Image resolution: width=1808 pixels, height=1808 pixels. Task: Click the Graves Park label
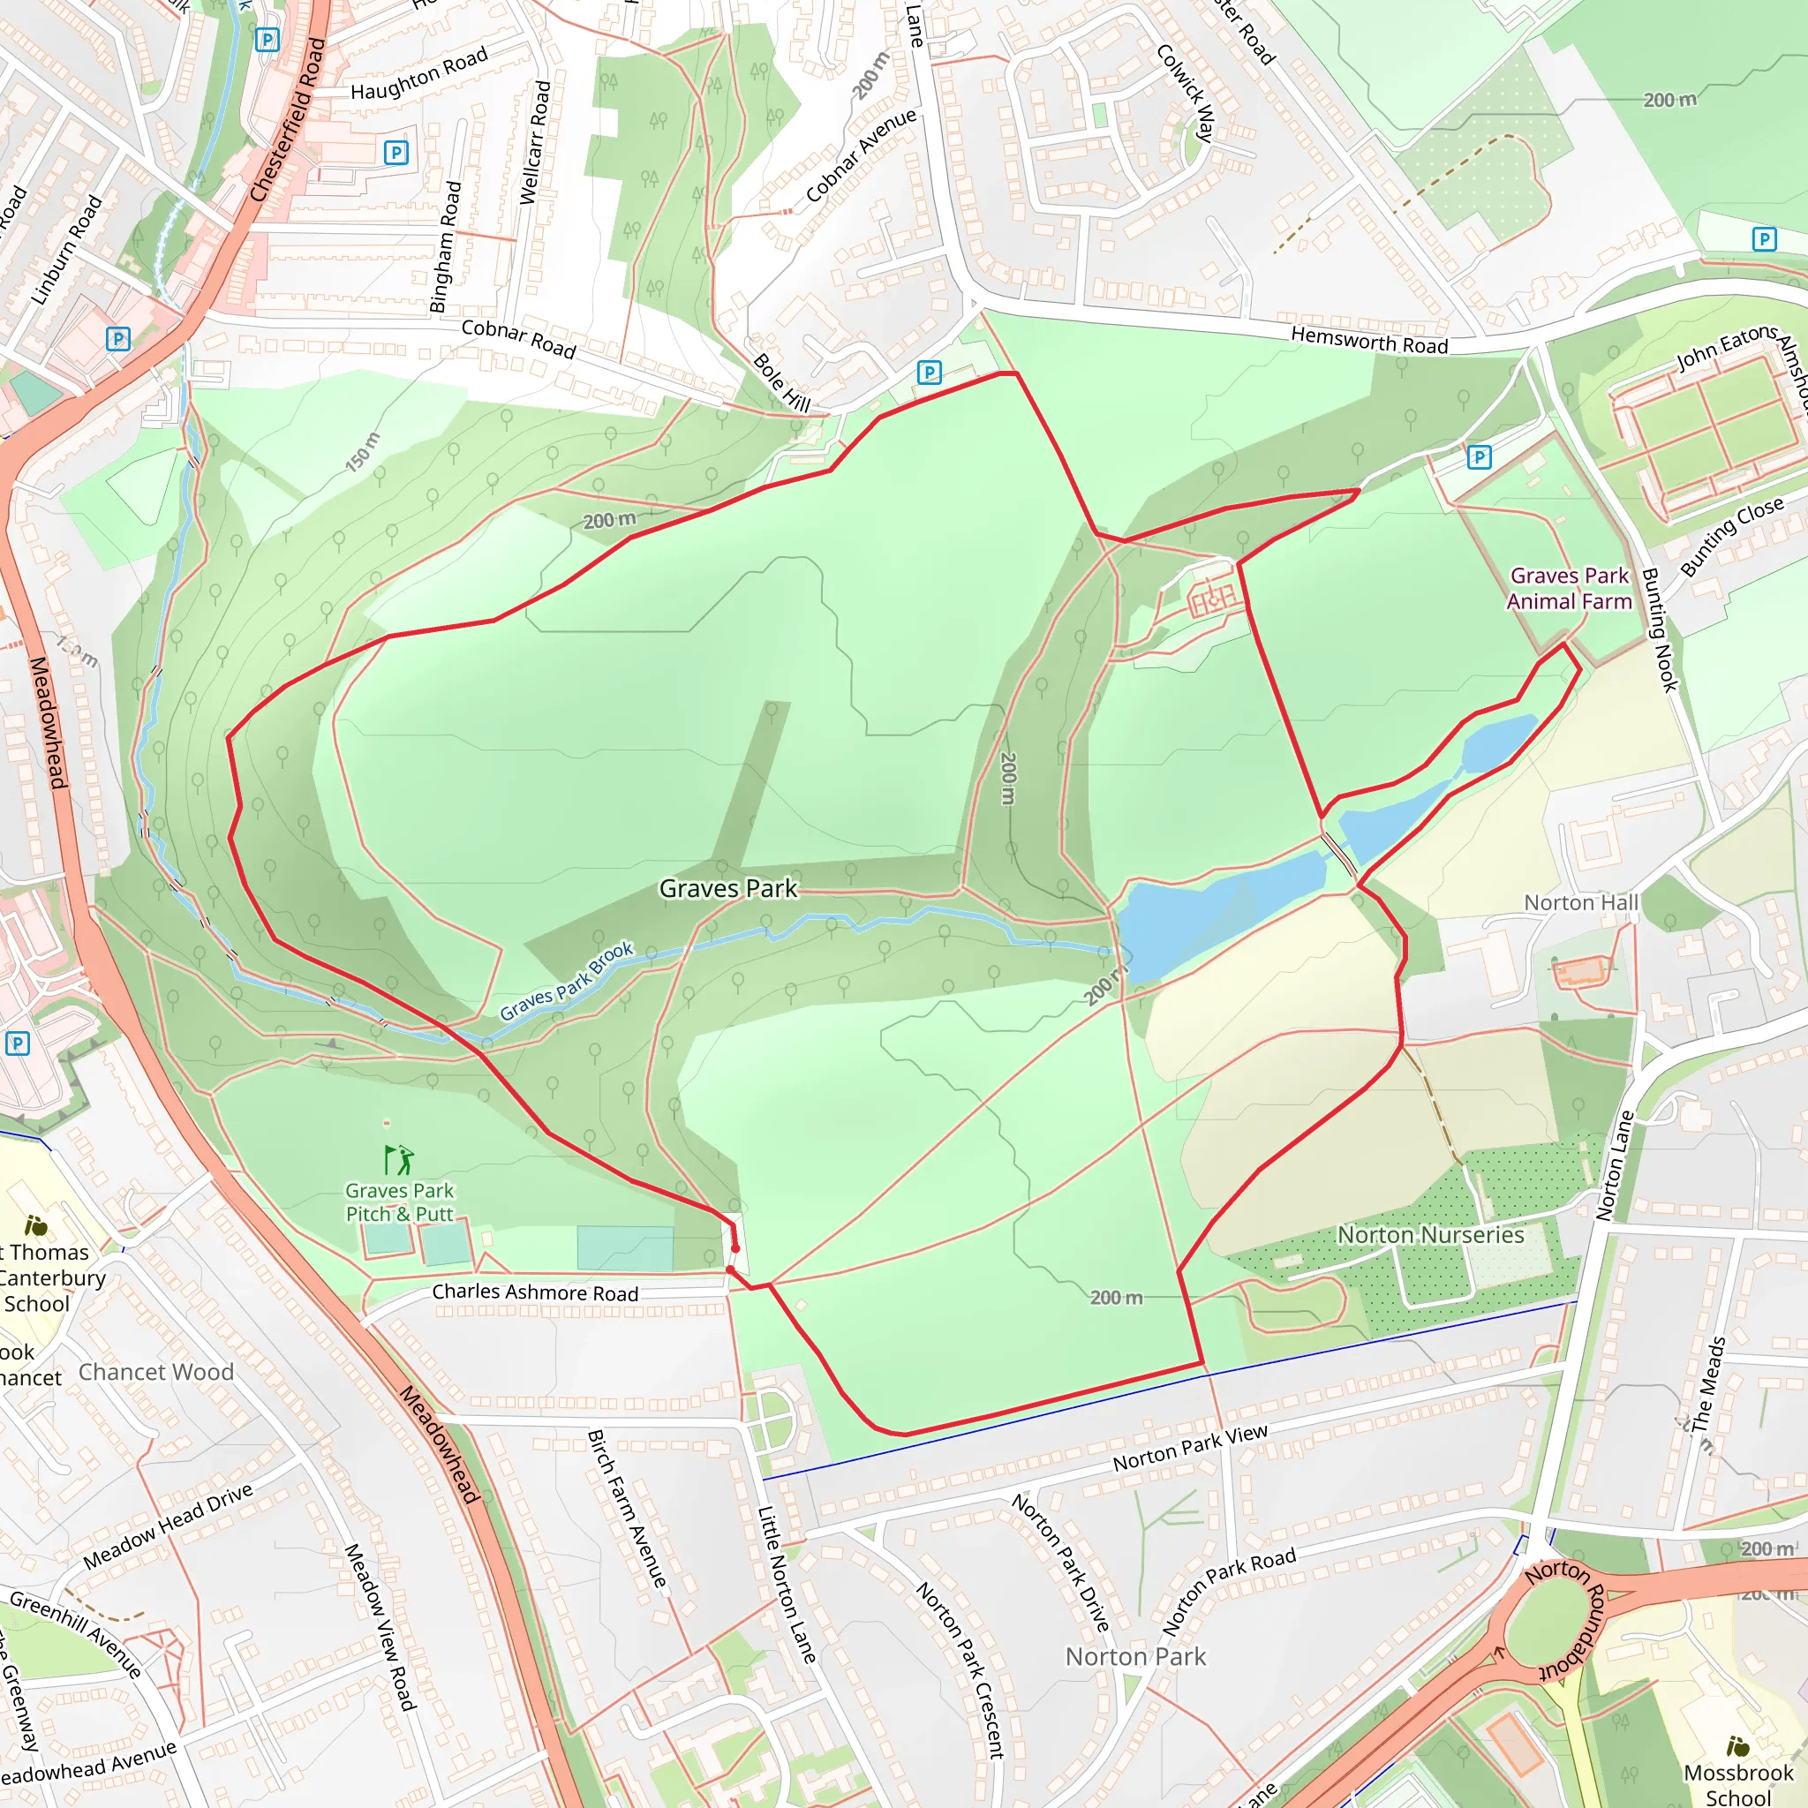tap(728, 888)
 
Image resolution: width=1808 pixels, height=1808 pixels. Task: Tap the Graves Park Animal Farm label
tap(1569, 589)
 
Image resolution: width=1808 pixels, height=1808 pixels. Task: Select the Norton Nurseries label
tap(1430, 1234)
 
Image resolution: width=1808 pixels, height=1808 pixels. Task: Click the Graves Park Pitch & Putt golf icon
tap(399, 1159)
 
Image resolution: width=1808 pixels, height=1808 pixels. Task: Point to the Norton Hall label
tap(1580, 902)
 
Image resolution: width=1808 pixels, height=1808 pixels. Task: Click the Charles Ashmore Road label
tap(535, 1292)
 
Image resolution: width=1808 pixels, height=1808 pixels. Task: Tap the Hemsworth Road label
tap(1369, 341)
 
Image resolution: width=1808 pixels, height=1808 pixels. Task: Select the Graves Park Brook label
tap(566, 981)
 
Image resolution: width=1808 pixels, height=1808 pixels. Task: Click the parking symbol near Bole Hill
tap(929, 373)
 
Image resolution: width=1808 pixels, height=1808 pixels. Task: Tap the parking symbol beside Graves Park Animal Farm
tap(1479, 456)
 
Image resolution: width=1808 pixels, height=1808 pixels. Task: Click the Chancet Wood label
tap(155, 1372)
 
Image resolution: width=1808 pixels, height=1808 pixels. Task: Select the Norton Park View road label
tap(1189, 1448)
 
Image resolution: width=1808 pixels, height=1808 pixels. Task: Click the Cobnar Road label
tap(518, 339)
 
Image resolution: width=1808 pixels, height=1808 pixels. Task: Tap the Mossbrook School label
tap(1737, 1783)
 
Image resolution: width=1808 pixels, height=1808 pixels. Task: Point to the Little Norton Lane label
tap(786, 1584)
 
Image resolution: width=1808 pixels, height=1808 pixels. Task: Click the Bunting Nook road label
tap(1659, 629)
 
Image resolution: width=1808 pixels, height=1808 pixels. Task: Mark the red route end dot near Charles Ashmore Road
tap(735, 1248)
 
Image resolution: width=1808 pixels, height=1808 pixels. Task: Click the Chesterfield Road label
tap(288, 120)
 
